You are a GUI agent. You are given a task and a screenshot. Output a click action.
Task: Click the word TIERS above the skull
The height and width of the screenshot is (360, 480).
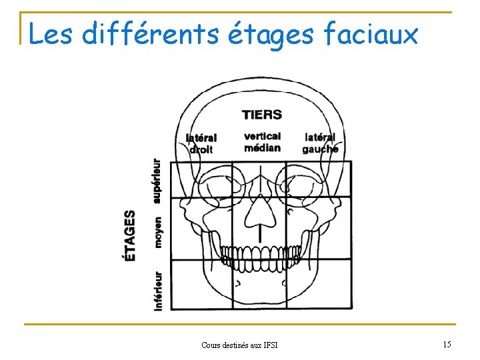click(262, 115)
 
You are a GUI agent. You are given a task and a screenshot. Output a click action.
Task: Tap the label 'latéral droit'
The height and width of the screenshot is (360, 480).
click(201, 143)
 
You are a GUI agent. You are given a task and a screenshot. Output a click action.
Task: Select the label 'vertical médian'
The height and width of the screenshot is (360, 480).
click(262, 141)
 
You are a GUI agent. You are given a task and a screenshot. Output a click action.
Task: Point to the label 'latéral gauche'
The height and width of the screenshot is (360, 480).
click(320, 143)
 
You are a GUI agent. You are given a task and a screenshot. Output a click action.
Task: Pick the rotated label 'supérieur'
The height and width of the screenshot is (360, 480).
click(157, 180)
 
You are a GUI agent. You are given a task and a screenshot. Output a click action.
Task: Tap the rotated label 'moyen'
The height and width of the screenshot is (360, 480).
click(157, 232)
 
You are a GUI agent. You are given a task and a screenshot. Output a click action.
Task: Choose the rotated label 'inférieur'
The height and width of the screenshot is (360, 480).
click(158, 290)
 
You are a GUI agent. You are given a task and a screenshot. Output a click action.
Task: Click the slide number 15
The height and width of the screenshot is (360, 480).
click(447, 344)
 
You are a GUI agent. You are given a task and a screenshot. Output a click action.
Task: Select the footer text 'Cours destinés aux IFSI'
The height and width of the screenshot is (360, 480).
click(239, 345)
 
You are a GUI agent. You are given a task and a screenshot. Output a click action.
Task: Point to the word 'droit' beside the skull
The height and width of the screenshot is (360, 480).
click(201, 149)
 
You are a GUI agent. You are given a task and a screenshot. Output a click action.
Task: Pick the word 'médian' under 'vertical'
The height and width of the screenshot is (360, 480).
click(262, 147)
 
